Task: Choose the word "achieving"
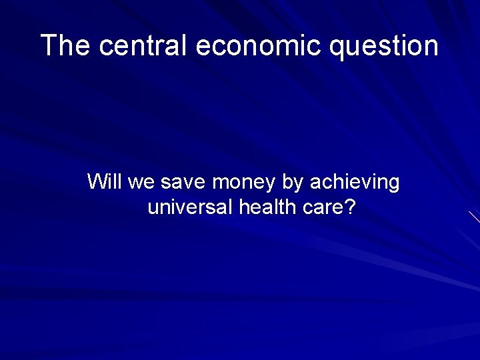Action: click(355, 183)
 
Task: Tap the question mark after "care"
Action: click(350, 207)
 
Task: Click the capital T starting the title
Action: click(48, 46)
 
